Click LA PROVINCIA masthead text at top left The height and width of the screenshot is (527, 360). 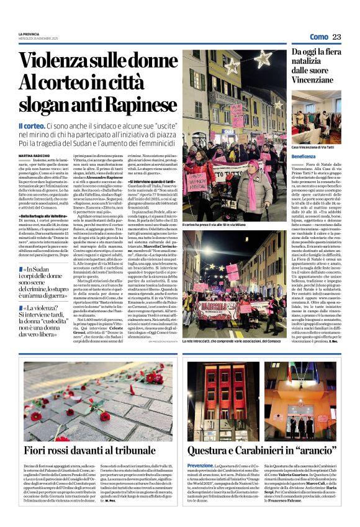point(29,34)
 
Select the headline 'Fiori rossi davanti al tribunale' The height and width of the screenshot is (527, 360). point(89,451)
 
